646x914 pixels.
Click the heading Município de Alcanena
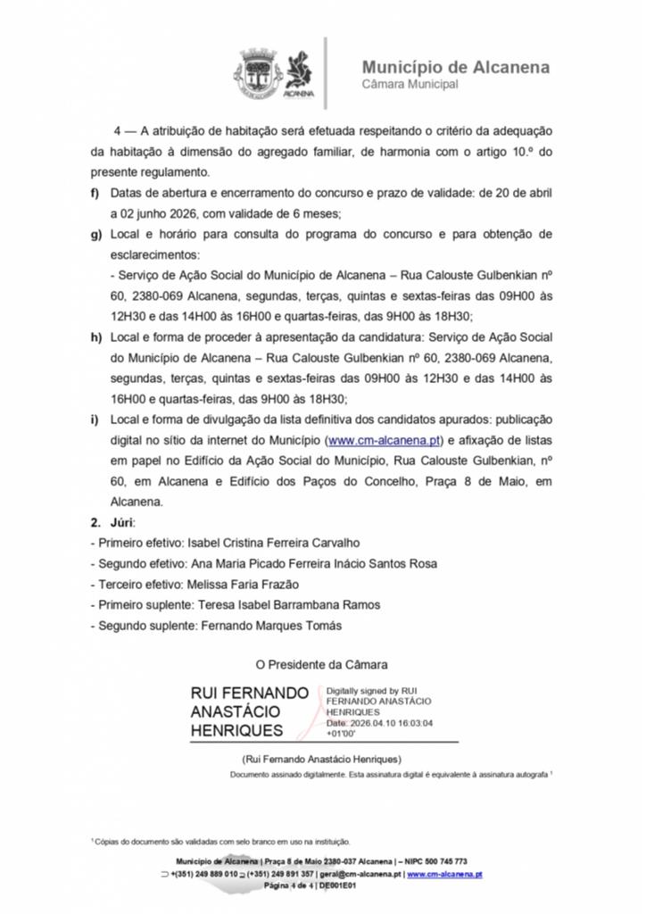[x=456, y=67]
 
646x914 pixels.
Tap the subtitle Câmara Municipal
[x=410, y=85]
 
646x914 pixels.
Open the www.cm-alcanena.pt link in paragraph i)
[x=384, y=440]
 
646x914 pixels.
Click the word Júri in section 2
[x=122, y=521]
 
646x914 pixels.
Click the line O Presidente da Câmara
[x=322, y=664]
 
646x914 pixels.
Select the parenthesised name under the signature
[x=322, y=759]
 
